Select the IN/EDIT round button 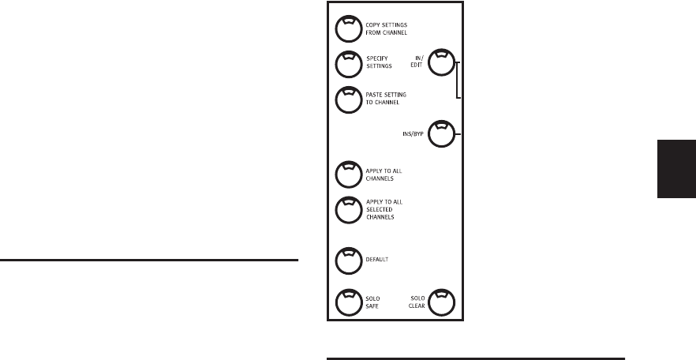[441, 62]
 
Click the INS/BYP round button [441, 133]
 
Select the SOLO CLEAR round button [441, 302]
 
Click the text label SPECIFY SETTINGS [379, 62]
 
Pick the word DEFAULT [376, 260]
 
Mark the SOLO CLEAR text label [417, 302]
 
